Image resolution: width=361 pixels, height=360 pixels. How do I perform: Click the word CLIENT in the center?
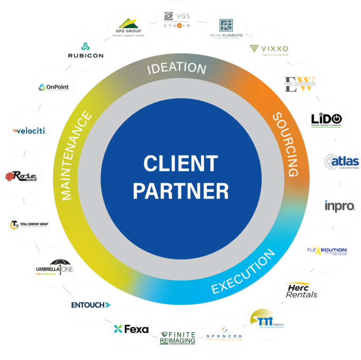click(180, 164)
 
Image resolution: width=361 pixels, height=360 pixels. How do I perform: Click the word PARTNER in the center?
click(180, 191)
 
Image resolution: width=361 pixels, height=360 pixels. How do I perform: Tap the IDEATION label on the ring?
click(177, 69)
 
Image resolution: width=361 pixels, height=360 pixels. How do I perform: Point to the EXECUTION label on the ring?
click(243, 272)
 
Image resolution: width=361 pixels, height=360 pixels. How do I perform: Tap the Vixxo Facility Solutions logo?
click(269, 51)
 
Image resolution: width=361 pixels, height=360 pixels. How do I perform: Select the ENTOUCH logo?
click(90, 304)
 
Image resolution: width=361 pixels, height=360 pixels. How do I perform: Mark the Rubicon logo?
click(86, 50)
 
